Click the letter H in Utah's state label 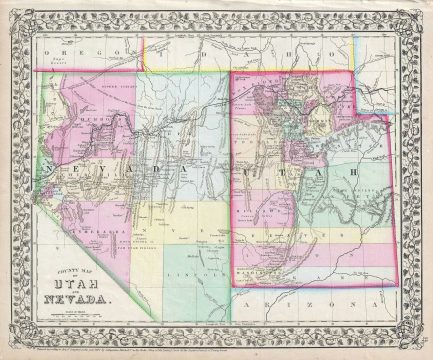[x=357, y=176]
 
